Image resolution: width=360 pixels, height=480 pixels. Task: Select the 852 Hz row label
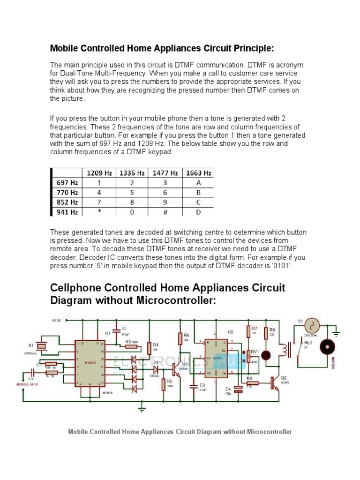click(67, 202)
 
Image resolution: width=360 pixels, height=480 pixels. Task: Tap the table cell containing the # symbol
click(165, 212)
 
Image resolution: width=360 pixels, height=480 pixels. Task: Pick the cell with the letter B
click(198, 192)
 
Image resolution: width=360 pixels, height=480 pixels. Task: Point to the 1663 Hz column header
click(198, 173)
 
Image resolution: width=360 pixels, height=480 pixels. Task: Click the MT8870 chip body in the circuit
click(89, 363)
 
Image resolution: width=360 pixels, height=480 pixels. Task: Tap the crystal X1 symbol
click(42, 346)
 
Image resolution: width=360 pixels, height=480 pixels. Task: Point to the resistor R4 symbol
click(150, 348)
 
